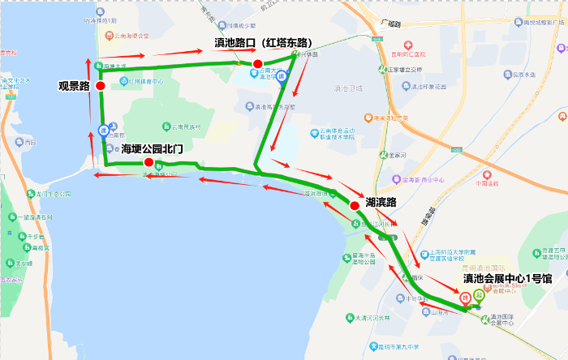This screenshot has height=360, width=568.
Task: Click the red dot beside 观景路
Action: point(100,85)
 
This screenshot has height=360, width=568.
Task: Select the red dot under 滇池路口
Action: point(257,64)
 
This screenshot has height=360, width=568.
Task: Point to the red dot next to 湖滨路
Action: point(355,206)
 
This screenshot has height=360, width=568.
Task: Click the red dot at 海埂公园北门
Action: point(148,162)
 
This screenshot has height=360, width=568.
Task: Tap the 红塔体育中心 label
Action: point(144,81)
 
